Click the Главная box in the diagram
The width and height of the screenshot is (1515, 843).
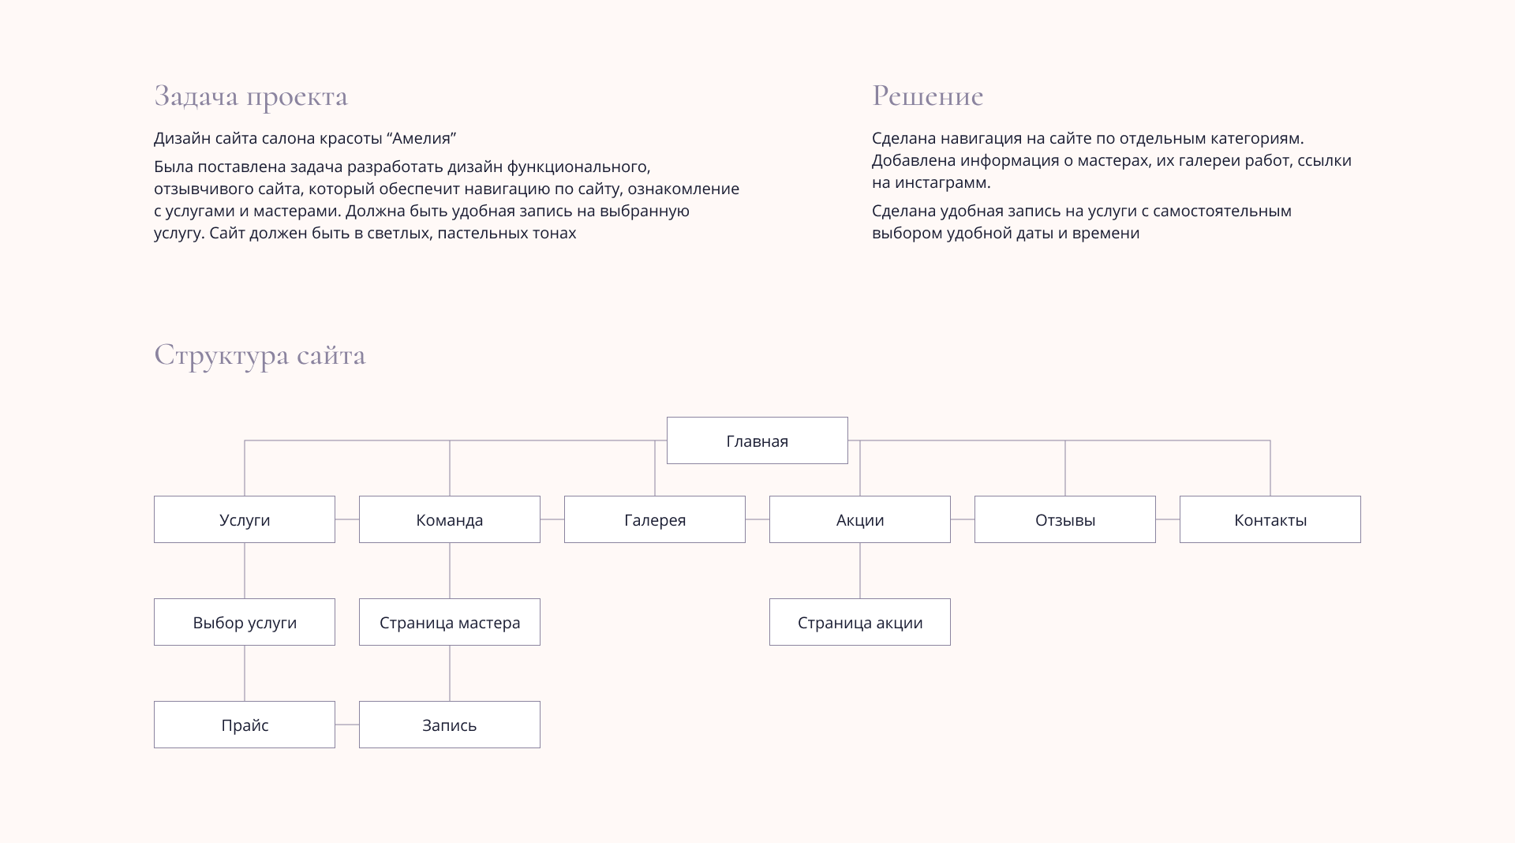click(757, 440)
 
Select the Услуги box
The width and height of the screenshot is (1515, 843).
click(245, 519)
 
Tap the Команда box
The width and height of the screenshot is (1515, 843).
click(450, 519)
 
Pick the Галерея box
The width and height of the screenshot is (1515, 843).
click(655, 519)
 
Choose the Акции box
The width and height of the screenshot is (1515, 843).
click(860, 519)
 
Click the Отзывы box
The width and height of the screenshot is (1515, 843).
click(1065, 519)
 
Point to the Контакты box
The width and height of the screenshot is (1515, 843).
click(1270, 519)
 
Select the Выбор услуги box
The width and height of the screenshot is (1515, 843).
click(245, 622)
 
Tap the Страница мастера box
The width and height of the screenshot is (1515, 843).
click(450, 622)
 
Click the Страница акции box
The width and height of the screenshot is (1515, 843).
click(860, 622)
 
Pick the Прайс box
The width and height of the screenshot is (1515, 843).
click(245, 725)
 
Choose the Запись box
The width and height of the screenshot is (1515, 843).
click(450, 725)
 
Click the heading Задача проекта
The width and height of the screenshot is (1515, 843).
click(251, 96)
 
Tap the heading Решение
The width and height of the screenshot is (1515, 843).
click(928, 96)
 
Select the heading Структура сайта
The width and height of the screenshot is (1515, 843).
click(260, 355)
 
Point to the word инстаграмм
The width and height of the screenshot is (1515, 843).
click(942, 182)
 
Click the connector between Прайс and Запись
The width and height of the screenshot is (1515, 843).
click(347, 725)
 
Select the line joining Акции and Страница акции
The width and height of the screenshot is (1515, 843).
click(860, 571)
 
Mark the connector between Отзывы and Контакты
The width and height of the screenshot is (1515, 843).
click(1168, 519)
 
